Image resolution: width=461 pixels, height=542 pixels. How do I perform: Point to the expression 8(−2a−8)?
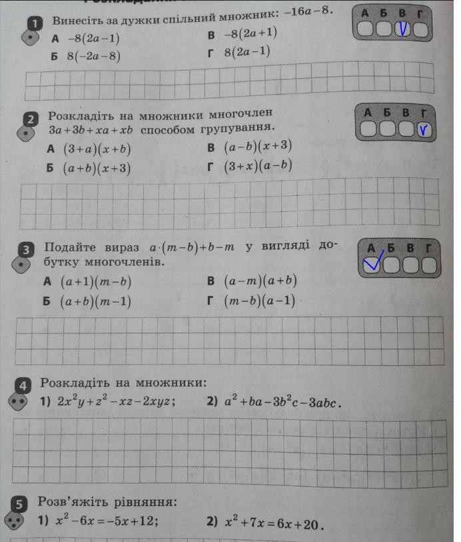point(94,56)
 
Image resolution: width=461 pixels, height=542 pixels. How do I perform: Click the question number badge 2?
point(29,119)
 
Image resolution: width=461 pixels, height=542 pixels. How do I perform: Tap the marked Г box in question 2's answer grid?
point(424,130)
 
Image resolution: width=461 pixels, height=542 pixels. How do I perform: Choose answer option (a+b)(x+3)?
point(97,168)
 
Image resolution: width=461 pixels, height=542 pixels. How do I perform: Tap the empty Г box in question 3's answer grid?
point(430,266)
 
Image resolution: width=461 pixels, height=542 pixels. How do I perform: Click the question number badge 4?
point(23,385)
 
